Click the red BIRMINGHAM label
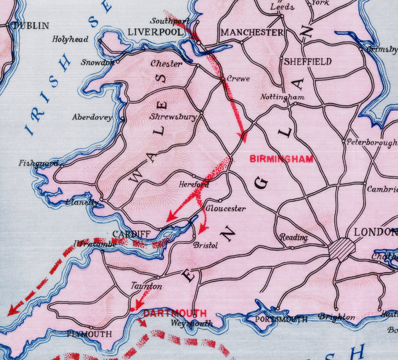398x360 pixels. (x=282, y=159)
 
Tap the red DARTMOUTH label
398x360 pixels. (x=175, y=313)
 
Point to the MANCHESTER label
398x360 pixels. (x=252, y=32)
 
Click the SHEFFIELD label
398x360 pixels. (x=308, y=62)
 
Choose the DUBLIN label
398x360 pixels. (x=32, y=25)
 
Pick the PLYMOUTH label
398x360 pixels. (x=90, y=334)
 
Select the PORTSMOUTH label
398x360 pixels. (x=281, y=319)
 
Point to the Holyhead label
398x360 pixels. (x=71, y=39)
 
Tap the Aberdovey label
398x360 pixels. (x=92, y=118)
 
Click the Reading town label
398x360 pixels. (x=294, y=238)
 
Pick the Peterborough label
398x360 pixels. (x=372, y=142)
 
